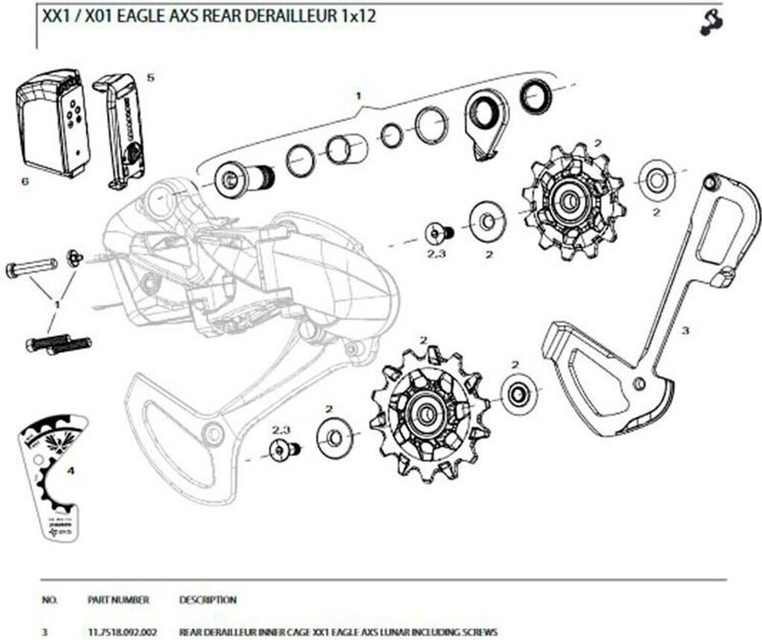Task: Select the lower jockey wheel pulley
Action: click(428, 415)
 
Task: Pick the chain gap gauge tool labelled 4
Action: click(54, 476)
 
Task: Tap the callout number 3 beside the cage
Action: click(685, 330)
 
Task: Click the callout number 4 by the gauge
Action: click(71, 470)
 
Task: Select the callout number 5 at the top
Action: click(151, 77)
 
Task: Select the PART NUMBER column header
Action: click(118, 599)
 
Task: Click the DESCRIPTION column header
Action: click(208, 599)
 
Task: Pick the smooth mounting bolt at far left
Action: click(32, 266)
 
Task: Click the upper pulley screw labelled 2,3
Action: click(438, 233)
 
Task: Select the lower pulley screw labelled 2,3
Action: click(283, 449)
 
